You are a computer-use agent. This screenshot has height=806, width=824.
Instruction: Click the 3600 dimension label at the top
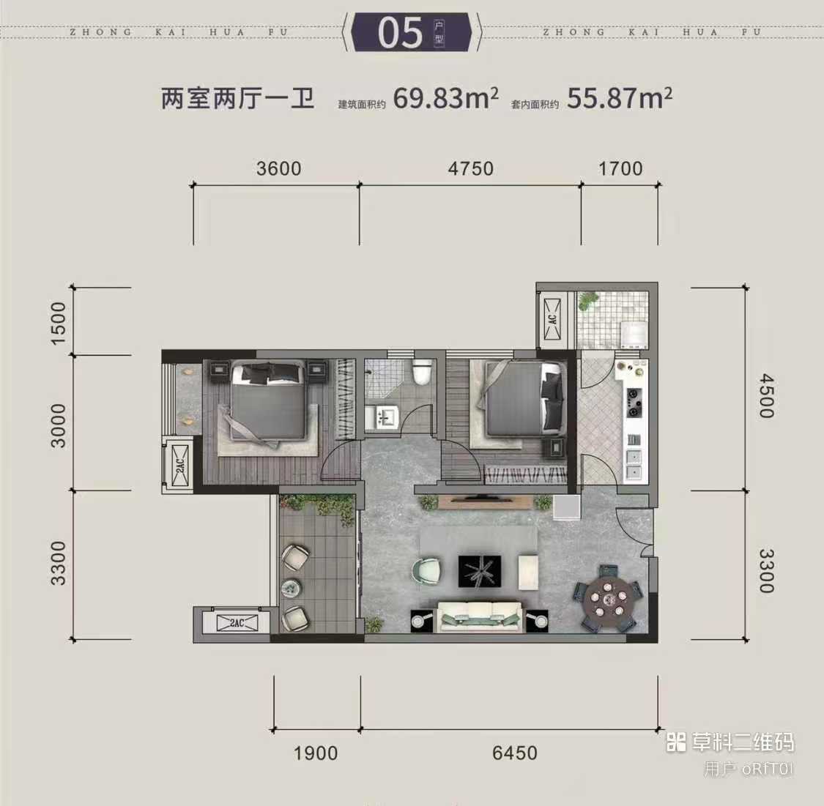(x=278, y=168)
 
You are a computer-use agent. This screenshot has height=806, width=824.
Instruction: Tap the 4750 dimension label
(x=470, y=168)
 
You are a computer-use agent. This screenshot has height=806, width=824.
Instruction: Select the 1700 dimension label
(x=620, y=168)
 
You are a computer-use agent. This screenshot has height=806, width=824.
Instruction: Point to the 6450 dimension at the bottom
(x=514, y=753)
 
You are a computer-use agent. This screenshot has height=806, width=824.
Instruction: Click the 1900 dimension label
(x=315, y=753)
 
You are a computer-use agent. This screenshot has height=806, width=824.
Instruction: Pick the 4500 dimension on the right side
(x=766, y=395)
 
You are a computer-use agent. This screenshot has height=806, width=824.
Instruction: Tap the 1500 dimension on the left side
(x=59, y=323)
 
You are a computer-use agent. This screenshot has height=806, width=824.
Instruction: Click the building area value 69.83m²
(x=445, y=97)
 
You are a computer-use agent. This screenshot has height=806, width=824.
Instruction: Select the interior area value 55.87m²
(x=619, y=97)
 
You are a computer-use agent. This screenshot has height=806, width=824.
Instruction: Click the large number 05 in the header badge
(x=400, y=32)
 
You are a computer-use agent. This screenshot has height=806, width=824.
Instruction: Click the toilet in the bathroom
(x=421, y=371)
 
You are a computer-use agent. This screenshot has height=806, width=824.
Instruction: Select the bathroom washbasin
(x=382, y=418)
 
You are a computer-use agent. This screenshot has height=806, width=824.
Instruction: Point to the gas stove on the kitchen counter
(x=634, y=403)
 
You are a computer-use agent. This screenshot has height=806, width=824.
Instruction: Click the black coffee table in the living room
(x=479, y=571)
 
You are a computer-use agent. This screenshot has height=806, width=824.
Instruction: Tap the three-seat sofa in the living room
(x=480, y=616)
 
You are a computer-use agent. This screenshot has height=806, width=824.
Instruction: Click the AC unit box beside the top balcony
(x=552, y=318)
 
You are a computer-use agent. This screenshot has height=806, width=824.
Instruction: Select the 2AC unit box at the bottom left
(x=237, y=623)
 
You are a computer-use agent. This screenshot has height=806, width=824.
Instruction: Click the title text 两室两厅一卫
(x=237, y=99)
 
